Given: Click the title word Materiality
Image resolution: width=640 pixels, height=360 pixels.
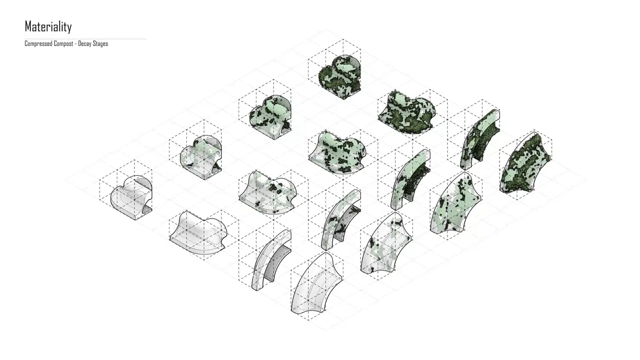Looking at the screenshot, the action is (48, 26).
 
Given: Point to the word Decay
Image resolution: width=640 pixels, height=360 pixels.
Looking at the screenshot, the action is (84, 44).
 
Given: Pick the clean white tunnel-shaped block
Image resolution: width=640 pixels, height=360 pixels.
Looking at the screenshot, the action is (131, 197).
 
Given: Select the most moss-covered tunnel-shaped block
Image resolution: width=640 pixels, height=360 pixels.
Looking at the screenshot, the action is (340, 77).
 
